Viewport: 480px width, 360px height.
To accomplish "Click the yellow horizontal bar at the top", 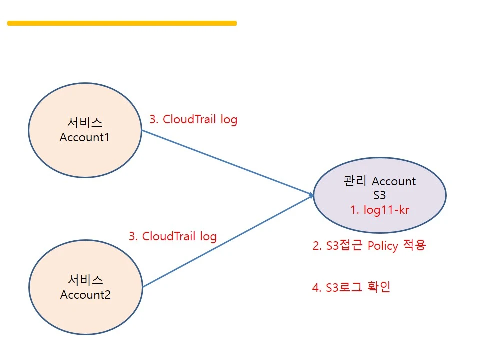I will click(x=122, y=23).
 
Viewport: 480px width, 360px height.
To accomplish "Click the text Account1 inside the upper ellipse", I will click(x=84, y=137).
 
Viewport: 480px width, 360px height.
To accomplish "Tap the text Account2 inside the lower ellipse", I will click(x=85, y=295).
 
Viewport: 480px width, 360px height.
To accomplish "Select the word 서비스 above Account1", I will click(x=84, y=122).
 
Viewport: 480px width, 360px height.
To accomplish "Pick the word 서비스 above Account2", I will click(x=85, y=280).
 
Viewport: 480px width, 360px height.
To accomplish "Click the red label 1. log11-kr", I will click(x=379, y=210).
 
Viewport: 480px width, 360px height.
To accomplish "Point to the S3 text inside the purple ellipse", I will click(x=380, y=195).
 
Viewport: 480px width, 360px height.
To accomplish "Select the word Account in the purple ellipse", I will click(x=394, y=181).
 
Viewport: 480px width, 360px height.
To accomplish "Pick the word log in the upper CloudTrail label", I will click(x=228, y=120).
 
